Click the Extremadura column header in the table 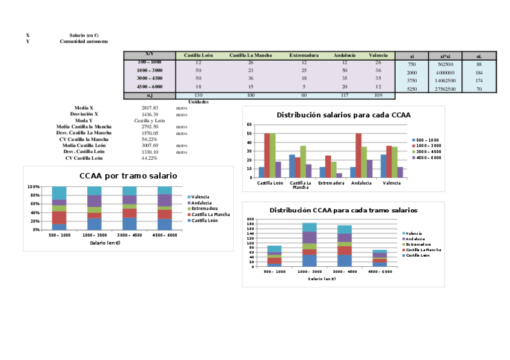point(304,55)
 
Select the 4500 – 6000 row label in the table point(149,87)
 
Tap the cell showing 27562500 point(446,89)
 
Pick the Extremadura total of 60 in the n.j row point(304,96)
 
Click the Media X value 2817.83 point(150,108)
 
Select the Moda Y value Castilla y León point(150,120)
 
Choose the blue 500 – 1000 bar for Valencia point(384,166)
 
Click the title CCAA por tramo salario point(128,175)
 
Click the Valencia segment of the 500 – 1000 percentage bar point(59,192)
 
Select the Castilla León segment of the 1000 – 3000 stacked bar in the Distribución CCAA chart point(310,260)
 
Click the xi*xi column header point(446,55)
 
